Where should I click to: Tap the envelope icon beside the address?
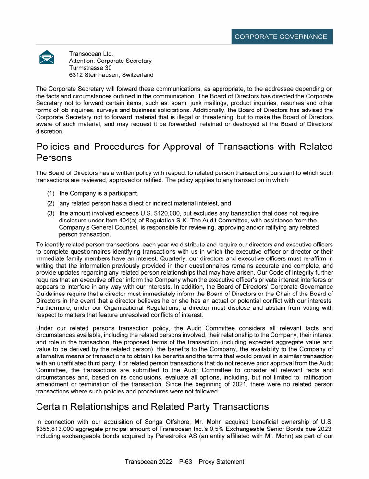click(47, 57)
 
